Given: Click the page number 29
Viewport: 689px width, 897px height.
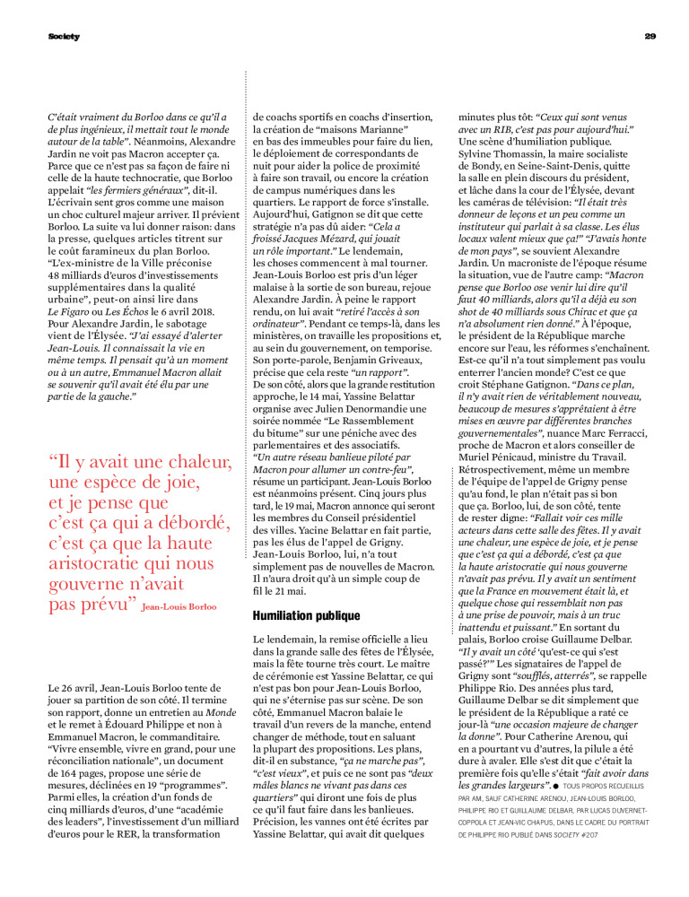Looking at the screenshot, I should point(651,36).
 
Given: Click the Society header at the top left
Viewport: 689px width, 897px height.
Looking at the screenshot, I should point(64,36).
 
